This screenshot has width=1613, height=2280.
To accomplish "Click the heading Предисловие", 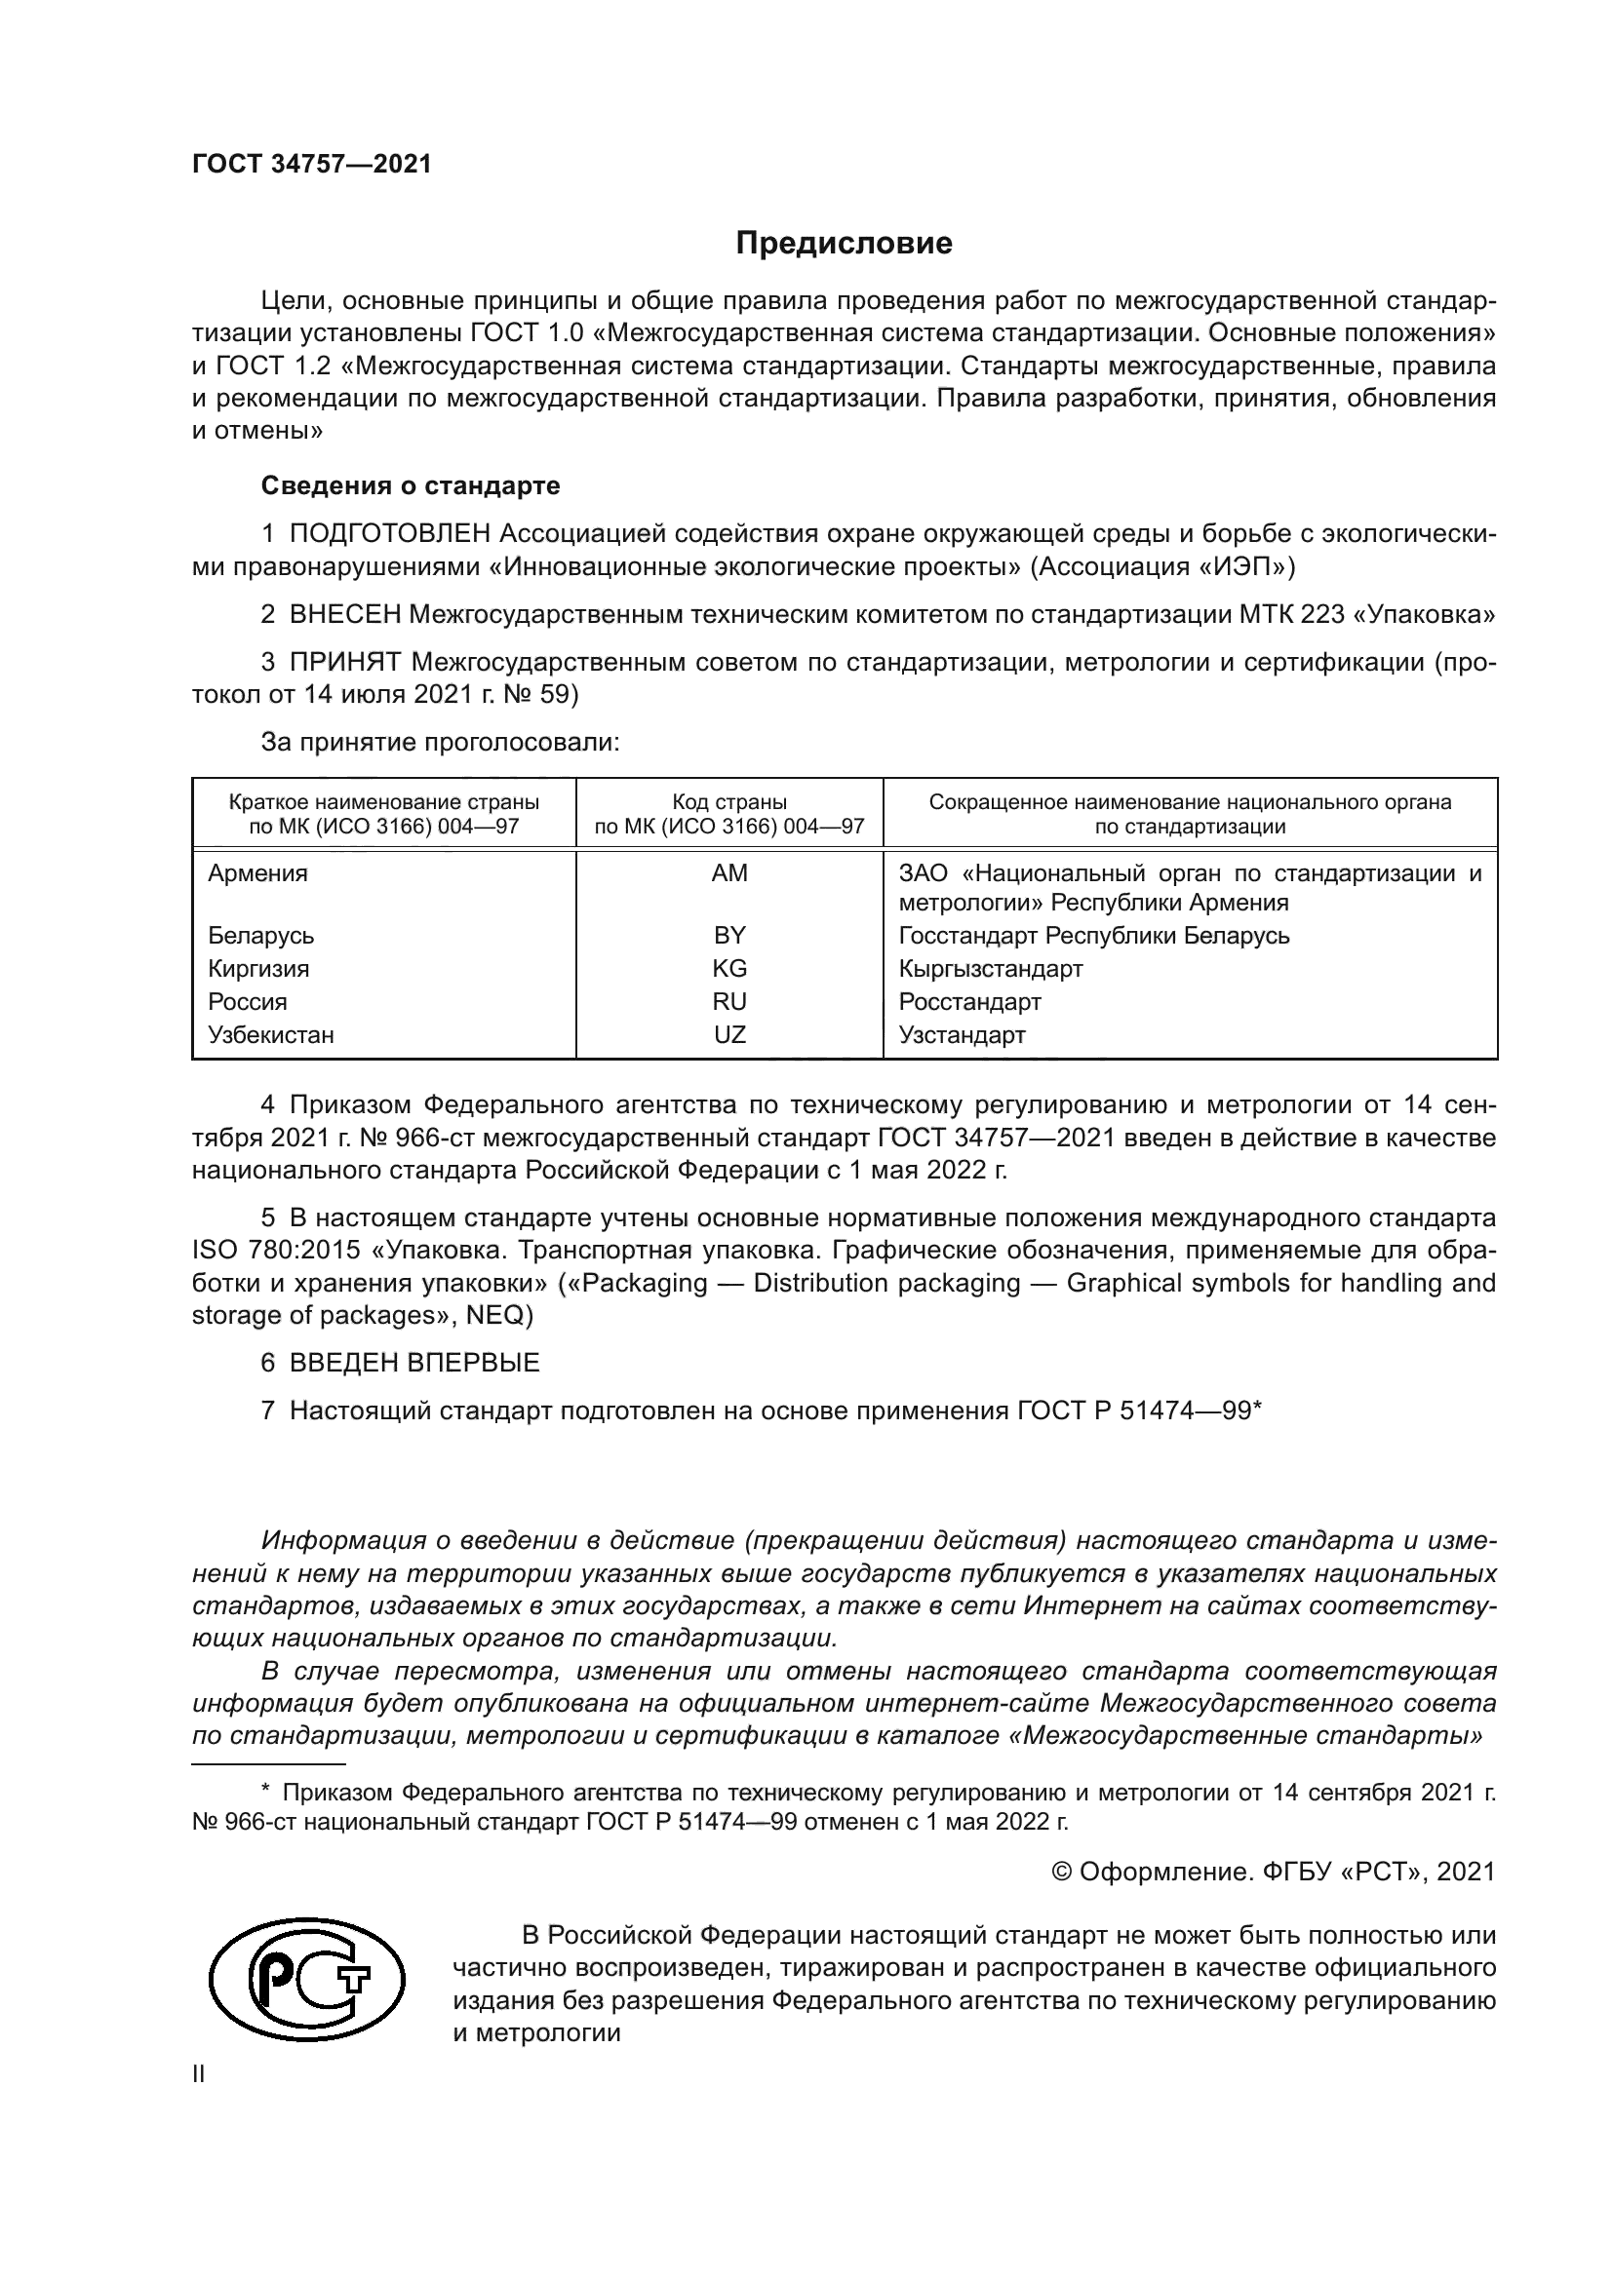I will pyautogui.click(x=844, y=244).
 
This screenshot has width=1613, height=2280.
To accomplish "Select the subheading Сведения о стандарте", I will pyautogui.click(x=411, y=485).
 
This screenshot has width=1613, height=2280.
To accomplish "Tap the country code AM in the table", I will pyautogui.click(x=730, y=872).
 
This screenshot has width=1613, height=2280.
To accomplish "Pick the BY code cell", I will pyautogui.click(x=730, y=935).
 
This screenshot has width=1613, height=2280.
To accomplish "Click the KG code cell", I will pyautogui.click(x=730, y=968).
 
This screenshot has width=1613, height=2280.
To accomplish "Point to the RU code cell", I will pyautogui.click(x=730, y=1001).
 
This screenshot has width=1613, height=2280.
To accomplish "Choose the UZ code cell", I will pyautogui.click(x=730, y=1035).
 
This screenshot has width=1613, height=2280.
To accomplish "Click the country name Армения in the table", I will pyautogui.click(x=258, y=872).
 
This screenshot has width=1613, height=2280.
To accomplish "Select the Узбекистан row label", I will pyautogui.click(x=271, y=1035).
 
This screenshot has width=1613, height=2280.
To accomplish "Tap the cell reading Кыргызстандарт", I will pyautogui.click(x=990, y=968).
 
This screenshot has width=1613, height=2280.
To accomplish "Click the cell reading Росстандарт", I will pyautogui.click(x=969, y=1001).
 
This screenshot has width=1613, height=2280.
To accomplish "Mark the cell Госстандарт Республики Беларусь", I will pyautogui.click(x=1093, y=936).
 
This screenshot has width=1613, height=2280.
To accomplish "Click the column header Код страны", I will pyautogui.click(x=729, y=801).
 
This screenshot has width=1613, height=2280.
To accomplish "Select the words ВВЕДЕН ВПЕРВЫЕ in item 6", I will pyautogui.click(x=414, y=1363).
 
